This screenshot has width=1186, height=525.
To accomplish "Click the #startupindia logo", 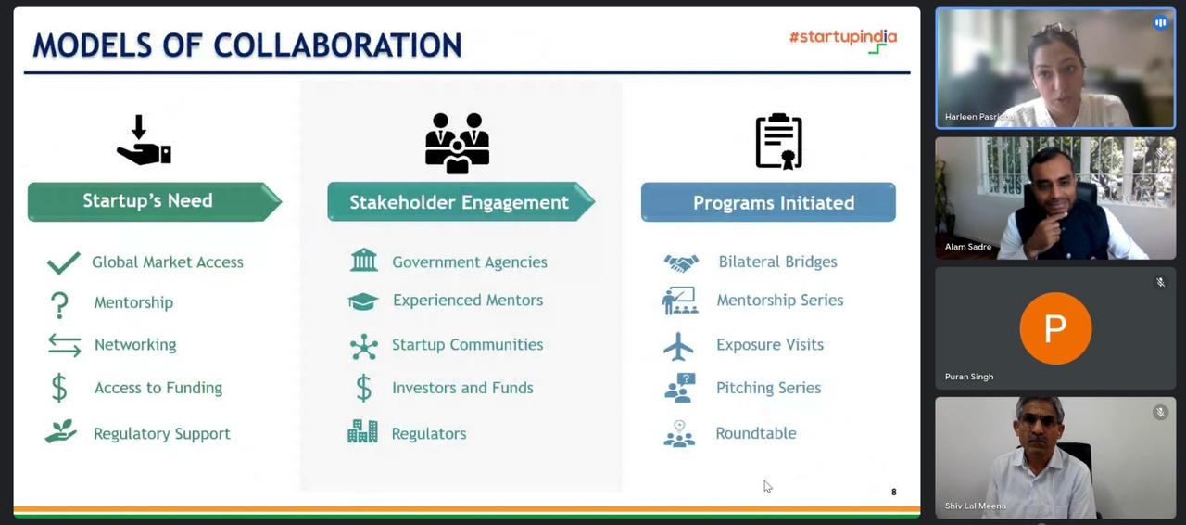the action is coord(843,41).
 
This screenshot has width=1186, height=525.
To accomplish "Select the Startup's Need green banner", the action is coord(155,201).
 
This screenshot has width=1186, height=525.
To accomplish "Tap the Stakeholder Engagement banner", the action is coord(461,201).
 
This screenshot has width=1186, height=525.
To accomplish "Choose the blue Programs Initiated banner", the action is coord(768,202).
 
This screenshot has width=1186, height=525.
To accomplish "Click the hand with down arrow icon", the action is coord(144,140).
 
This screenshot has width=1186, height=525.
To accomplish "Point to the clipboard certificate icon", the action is coord(778,141).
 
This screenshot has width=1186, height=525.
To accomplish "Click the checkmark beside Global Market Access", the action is coord(64,262).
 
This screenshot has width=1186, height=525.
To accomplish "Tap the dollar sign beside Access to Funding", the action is coord(59,388).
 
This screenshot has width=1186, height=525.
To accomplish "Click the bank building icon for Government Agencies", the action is coord(364,260).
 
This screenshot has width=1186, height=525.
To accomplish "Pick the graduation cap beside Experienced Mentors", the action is coord(363,301).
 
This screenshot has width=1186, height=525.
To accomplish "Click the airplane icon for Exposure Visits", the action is coord(678,346).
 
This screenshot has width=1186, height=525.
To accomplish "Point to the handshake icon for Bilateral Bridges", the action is coord(681,263).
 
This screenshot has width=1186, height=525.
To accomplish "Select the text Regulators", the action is coord(429,434).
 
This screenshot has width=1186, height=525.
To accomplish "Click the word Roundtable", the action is coord(756,433).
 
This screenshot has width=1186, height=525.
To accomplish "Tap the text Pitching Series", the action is coord(768,388).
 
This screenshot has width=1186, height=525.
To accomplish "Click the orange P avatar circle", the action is coord(1055,328).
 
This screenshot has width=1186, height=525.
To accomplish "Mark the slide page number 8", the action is coord(894,493).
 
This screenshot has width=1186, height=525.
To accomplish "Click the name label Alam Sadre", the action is coord(968,247).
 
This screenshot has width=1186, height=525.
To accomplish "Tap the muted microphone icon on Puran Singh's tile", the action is coord(1161,282).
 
